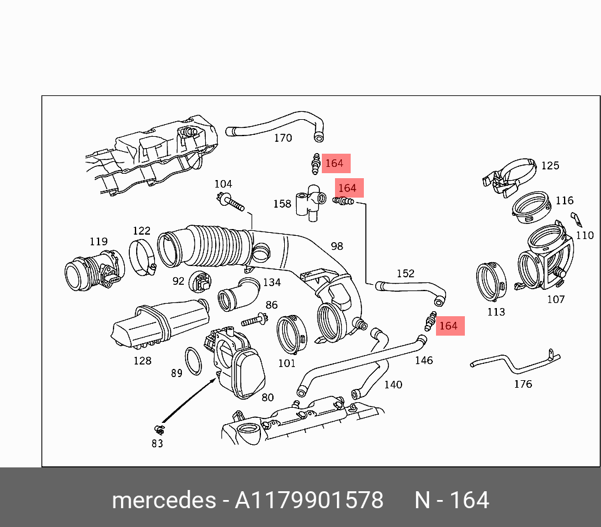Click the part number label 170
point(283,138)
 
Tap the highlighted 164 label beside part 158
point(347,188)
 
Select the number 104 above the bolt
point(223,184)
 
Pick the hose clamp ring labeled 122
point(142,257)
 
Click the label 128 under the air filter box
point(142,361)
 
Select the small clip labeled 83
point(159,430)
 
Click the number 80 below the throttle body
point(268,397)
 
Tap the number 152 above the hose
point(405,274)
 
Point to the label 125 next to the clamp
point(550,166)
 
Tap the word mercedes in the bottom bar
point(163,501)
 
